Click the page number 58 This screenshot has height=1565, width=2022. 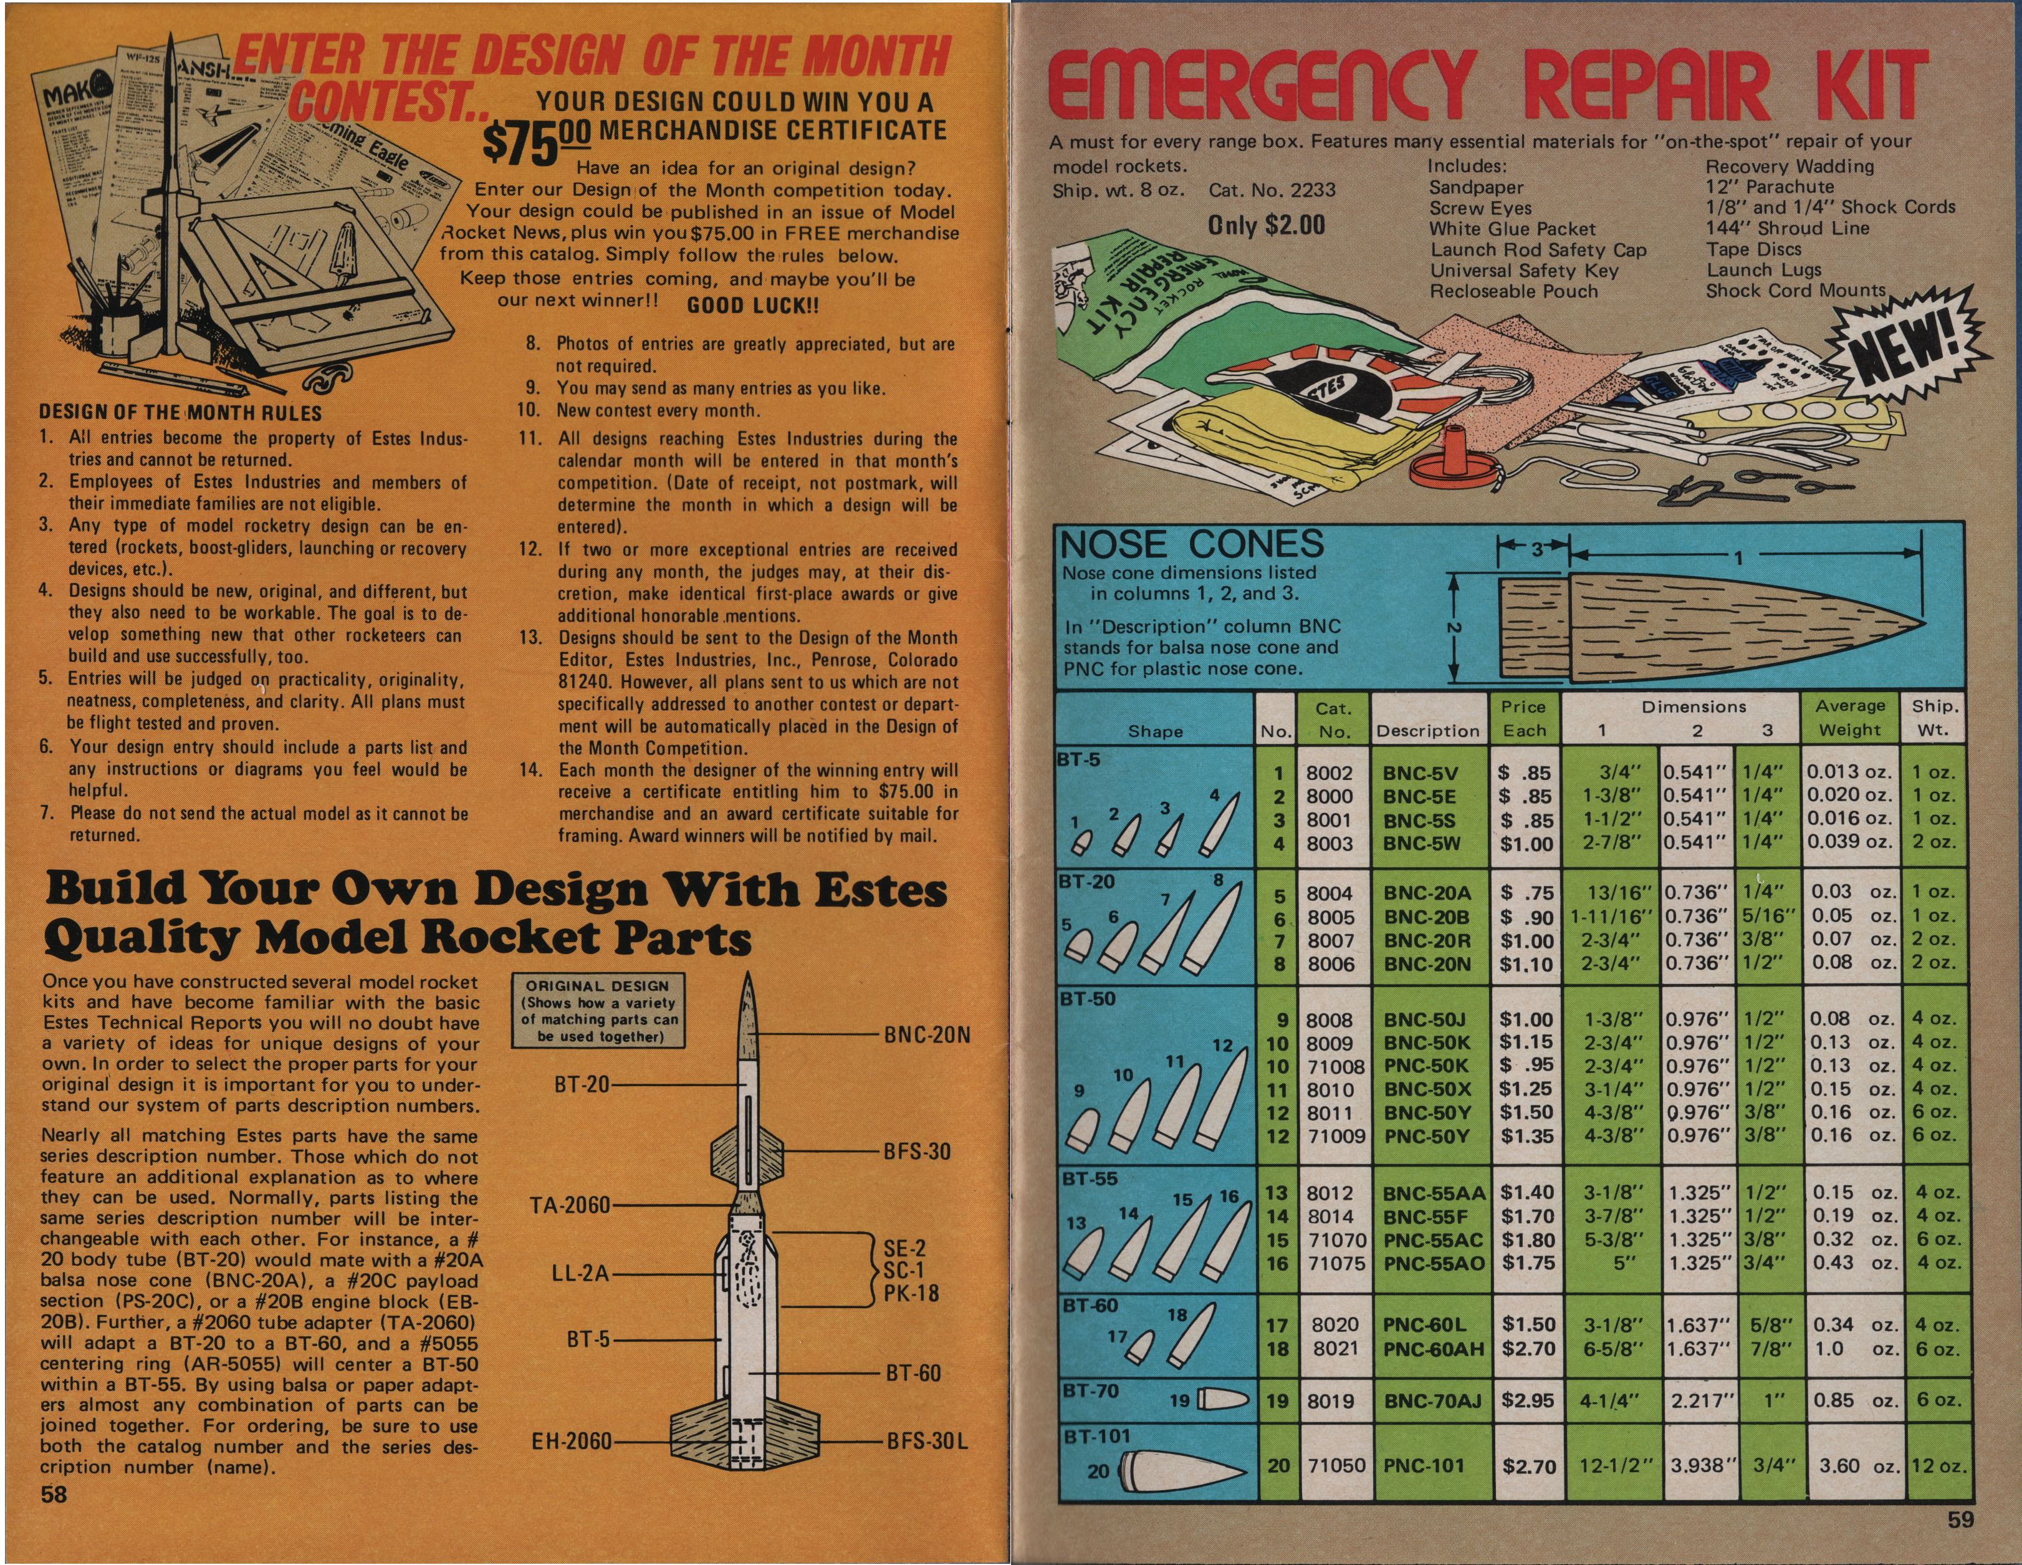tap(54, 1494)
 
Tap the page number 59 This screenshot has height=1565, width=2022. tap(1960, 1519)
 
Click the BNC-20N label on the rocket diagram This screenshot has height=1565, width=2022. tap(927, 1034)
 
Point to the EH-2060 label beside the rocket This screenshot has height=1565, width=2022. tap(571, 1441)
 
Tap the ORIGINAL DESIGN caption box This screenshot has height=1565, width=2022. tap(598, 1010)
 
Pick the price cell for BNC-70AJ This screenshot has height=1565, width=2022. tap(1526, 1401)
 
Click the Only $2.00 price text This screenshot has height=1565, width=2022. tap(1265, 225)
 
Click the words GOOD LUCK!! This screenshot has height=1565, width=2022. tap(753, 306)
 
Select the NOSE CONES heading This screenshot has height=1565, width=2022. tap(1192, 544)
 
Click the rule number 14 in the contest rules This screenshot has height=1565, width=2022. tap(530, 771)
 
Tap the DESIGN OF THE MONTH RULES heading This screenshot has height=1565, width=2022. tap(181, 413)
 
